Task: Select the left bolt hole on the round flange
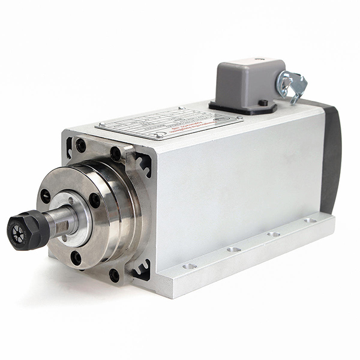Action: pos(46,196)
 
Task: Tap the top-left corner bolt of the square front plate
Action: pos(80,145)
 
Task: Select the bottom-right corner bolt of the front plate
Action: pos(114,275)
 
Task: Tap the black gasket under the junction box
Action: pos(242,109)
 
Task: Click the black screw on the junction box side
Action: pos(263,103)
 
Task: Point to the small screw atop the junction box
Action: pos(259,60)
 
